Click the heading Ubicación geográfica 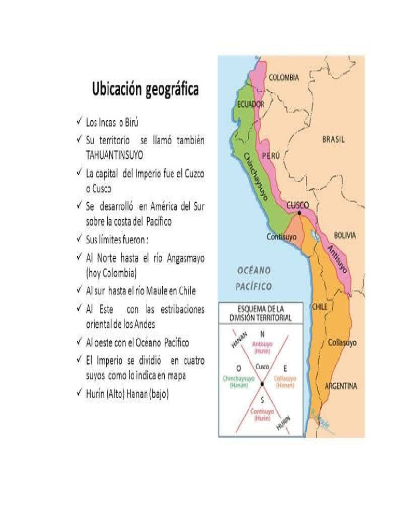(x=145, y=90)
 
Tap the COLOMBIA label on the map (x=283, y=77)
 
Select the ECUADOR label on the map (x=251, y=104)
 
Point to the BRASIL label (x=333, y=139)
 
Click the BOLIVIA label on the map (x=345, y=235)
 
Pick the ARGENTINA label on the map (x=340, y=386)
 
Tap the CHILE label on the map (x=319, y=306)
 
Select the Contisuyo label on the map (x=281, y=236)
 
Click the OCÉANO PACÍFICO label (x=254, y=278)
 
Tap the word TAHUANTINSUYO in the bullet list (x=115, y=155)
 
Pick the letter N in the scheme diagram (x=262, y=333)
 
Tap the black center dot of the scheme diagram (x=263, y=383)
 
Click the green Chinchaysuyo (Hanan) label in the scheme (x=238, y=382)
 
